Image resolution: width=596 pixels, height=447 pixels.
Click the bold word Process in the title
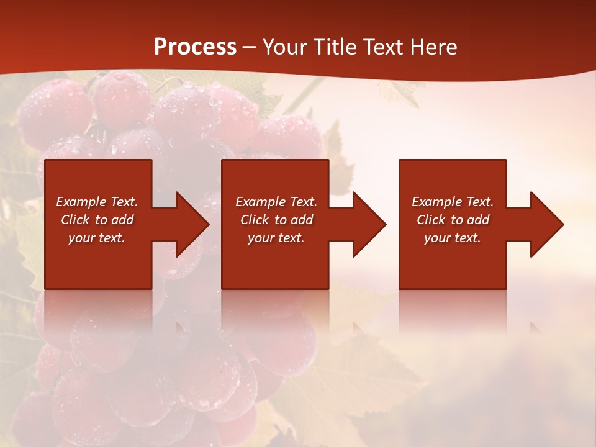pyautogui.click(x=195, y=47)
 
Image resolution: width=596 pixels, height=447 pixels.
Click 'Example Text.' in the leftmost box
pyautogui.click(x=97, y=202)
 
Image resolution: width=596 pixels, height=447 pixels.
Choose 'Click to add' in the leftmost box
pyautogui.click(x=97, y=220)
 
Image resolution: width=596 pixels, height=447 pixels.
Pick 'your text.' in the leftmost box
pyautogui.click(x=97, y=238)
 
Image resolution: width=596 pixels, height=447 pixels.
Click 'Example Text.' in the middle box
pyautogui.click(x=276, y=202)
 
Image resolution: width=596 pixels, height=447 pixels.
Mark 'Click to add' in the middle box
pyautogui.click(x=276, y=220)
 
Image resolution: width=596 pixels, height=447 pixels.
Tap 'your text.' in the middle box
pyautogui.click(x=276, y=238)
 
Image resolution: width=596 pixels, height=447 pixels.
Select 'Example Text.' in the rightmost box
pyautogui.click(x=453, y=202)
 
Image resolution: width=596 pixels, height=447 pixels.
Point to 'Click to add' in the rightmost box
pyautogui.click(x=453, y=220)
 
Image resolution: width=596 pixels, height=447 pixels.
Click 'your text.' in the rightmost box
pyautogui.click(x=453, y=238)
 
